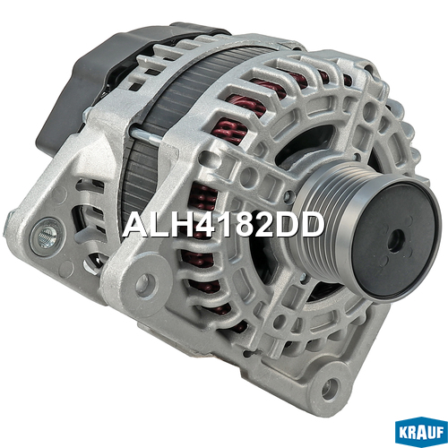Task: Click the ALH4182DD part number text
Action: click(x=223, y=225)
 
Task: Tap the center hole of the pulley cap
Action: click(x=395, y=242)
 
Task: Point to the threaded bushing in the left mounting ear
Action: click(x=47, y=237)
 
